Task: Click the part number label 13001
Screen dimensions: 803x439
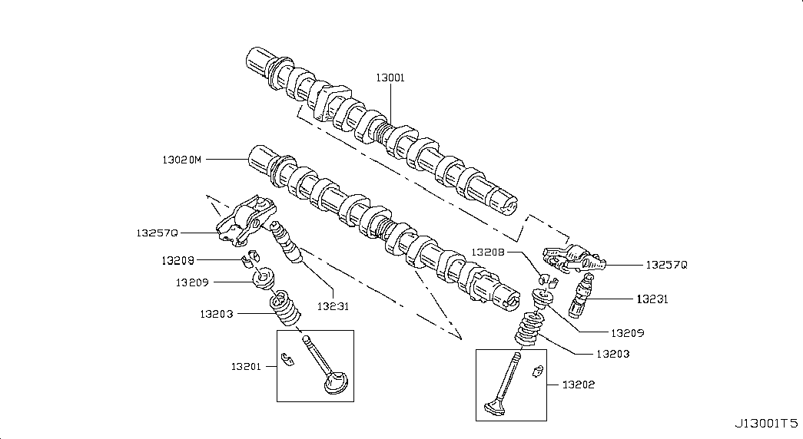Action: point(390,78)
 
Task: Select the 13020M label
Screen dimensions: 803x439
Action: point(182,160)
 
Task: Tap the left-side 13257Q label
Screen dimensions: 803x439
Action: point(158,233)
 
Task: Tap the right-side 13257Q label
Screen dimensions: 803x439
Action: point(666,265)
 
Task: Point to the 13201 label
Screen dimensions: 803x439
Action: point(246,366)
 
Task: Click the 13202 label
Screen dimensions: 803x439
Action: point(579,385)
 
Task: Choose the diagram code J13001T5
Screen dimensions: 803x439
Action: point(766,424)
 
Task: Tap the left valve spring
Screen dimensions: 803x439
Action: point(285,308)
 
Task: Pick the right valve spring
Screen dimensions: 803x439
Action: point(529,328)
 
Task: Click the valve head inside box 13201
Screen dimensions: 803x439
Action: point(336,384)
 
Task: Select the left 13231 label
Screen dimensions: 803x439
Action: point(333,306)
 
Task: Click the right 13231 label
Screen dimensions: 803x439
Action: point(652,299)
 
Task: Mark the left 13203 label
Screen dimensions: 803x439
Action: point(217,314)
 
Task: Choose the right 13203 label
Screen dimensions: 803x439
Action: point(613,354)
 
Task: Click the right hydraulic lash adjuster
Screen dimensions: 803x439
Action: point(582,295)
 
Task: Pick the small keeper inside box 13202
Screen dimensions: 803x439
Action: point(537,371)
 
